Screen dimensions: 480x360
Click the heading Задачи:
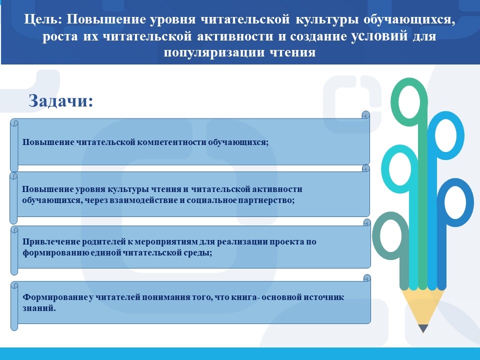click(60, 100)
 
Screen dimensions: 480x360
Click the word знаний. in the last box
click(39, 308)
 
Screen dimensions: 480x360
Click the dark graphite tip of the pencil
click(423, 328)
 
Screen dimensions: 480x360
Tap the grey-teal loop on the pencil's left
click(375, 235)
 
